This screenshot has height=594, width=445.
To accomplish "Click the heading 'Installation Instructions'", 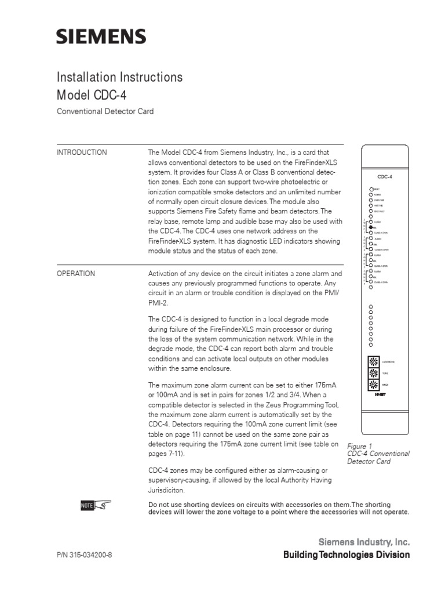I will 119,77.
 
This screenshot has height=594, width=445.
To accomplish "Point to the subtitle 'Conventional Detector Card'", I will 105,111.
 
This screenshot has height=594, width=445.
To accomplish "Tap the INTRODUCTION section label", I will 82,153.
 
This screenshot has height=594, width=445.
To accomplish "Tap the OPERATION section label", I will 76,274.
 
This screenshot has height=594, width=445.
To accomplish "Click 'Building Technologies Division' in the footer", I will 346,555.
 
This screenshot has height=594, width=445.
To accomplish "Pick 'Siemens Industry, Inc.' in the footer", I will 364,542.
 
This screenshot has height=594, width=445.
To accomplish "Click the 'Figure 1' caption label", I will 359,446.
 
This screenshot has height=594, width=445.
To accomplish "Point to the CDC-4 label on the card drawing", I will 384,178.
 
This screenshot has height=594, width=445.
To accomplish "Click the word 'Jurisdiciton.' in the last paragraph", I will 168,490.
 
